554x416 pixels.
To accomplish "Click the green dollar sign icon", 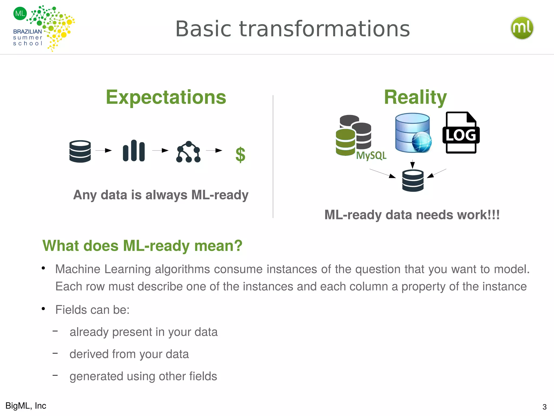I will tap(240, 155).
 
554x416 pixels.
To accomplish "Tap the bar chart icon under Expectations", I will tap(134, 151).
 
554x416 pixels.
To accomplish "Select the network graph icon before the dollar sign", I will tap(188, 152).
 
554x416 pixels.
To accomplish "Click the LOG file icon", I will tap(461, 133).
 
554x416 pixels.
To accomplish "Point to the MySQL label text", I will tap(371, 155).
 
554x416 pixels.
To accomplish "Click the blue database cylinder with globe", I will tap(413, 133).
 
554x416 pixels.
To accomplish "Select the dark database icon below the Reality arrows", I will tap(413, 181).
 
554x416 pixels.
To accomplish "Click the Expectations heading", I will tap(166, 97).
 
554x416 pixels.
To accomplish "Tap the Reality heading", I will tap(415, 97).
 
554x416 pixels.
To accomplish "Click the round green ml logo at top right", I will tap(522, 28).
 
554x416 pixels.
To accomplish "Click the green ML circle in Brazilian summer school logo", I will tap(20, 13).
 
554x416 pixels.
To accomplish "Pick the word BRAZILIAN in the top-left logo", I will tap(28, 32).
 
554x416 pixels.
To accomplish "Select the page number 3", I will tap(544, 407).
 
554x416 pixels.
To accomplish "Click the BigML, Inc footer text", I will tap(26, 406).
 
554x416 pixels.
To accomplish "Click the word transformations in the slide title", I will tap(324, 29).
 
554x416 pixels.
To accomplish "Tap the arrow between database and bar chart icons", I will tap(104, 150).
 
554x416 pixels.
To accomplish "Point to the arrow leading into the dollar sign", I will tap(214, 150).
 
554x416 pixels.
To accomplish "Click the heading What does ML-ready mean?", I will tap(142, 246).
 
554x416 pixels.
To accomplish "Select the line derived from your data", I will tap(129, 354).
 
